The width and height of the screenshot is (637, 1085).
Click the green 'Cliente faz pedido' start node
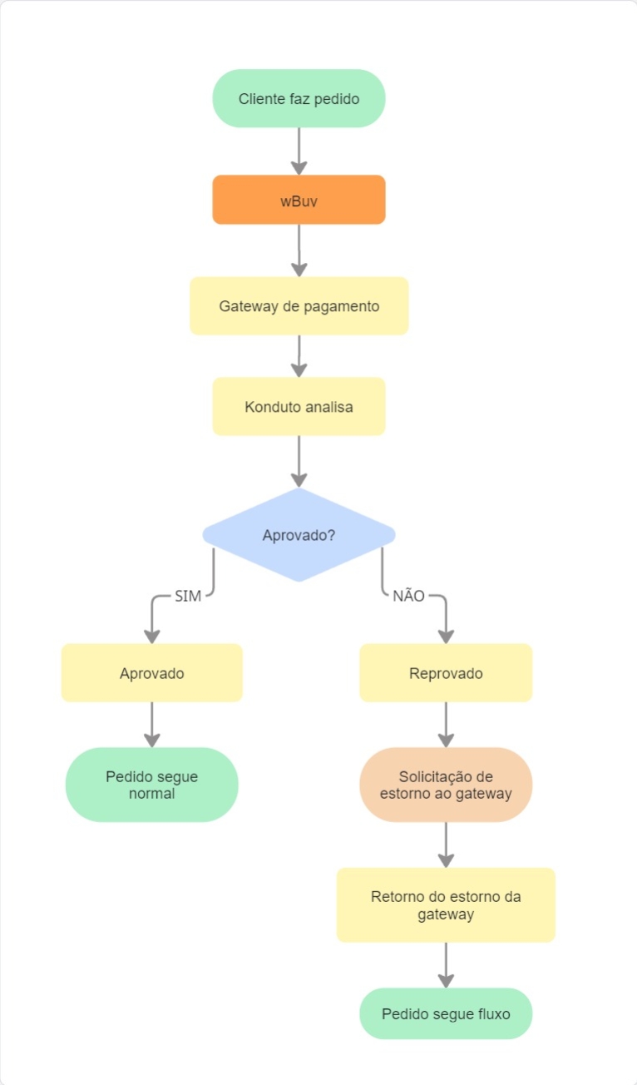click(299, 98)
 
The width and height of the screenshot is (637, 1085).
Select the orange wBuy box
click(299, 200)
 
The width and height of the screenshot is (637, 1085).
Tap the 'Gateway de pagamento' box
click(299, 305)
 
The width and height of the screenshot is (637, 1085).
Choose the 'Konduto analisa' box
click(299, 406)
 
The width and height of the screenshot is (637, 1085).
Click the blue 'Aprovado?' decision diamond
click(299, 535)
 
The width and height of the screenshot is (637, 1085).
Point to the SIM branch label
click(188, 596)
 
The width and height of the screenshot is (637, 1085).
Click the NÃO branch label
click(408, 596)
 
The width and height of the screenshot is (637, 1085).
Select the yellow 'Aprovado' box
click(151, 673)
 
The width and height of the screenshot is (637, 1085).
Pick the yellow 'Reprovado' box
click(446, 673)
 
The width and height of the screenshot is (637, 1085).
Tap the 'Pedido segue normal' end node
click(151, 785)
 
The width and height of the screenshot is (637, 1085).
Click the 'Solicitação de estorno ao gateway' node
click(446, 785)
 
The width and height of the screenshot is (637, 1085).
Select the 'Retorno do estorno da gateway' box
click(446, 904)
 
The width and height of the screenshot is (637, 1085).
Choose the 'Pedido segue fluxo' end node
click(446, 1013)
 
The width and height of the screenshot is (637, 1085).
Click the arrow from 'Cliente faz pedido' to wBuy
click(299, 151)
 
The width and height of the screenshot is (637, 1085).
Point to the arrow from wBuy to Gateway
click(299, 250)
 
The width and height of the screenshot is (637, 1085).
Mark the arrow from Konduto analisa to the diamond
click(299, 462)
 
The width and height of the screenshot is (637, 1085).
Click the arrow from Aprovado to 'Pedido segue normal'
click(151, 725)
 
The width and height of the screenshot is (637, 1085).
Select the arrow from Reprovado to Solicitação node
click(446, 725)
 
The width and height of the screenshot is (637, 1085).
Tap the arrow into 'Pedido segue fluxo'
click(446, 965)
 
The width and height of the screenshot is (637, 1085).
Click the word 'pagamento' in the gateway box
click(341, 306)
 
